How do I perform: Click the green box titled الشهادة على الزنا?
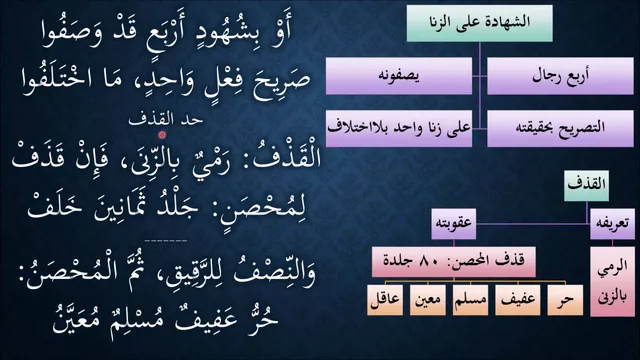click(480, 22)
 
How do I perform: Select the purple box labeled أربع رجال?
click(560, 76)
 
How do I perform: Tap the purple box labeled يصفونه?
click(399, 76)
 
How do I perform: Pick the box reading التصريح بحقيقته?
click(560, 128)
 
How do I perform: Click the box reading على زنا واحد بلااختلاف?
click(399, 128)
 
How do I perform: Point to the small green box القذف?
click(587, 186)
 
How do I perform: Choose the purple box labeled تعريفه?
click(612, 224)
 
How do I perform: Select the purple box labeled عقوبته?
click(454, 224)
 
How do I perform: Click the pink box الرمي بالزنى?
click(612, 282)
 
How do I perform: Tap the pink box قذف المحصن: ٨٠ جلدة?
click(453, 262)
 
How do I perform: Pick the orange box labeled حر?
click(565, 300)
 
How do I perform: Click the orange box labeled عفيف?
click(518, 300)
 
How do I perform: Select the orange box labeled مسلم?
click(470, 300)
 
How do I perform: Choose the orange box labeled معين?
click(427, 300)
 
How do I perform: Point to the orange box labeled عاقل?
click(385, 300)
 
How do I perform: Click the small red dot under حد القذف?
click(162, 134)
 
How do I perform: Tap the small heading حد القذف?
click(165, 120)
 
